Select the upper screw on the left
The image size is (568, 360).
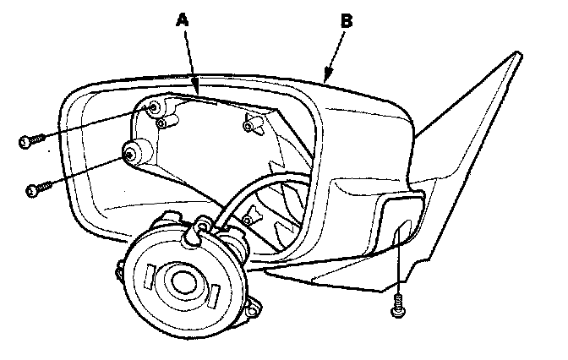(28, 139)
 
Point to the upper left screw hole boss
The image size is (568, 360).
(155, 108)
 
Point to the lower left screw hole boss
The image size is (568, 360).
(132, 154)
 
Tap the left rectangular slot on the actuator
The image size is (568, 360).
(152, 275)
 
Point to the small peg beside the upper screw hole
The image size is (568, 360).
(169, 123)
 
